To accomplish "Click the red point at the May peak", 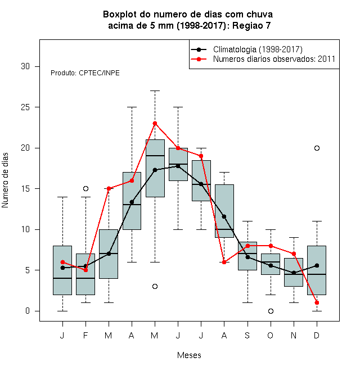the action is coord(155,123).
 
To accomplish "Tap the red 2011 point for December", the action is coord(317,302).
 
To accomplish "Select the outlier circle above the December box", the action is coord(317,148).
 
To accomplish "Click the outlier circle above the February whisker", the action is coord(85,188).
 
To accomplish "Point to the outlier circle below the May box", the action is coord(155,287).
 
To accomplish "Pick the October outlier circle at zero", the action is coord(271,311).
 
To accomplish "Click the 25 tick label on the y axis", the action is coord(25,107).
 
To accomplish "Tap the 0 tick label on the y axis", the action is coord(28,311).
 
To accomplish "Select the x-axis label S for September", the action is coord(247,335).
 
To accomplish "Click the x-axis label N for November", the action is coord(294,335).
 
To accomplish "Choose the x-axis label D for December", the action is coord(317,335).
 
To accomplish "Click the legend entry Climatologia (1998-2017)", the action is coord(258,49).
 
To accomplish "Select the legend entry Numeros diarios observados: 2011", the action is coord(274,59).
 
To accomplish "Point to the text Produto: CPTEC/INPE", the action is coord(85,73).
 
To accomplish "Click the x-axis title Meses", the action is coord(189,355).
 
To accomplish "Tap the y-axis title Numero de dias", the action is coord(5,180).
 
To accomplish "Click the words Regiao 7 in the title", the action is coord(251,25).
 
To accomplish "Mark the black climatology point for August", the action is coord(224,216).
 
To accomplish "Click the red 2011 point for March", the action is coord(109,188).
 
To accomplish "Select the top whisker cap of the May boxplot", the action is coord(155,91).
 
